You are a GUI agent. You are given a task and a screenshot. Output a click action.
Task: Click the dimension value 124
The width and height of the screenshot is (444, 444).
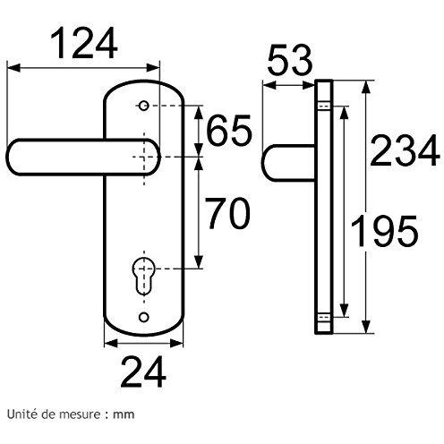point(84,43)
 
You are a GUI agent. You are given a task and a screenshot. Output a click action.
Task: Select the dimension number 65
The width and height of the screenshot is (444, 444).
point(229,131)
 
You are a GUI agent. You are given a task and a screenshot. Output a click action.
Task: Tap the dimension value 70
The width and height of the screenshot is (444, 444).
point(228,213)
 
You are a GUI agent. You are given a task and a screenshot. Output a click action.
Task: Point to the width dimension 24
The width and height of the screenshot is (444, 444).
point(143,371)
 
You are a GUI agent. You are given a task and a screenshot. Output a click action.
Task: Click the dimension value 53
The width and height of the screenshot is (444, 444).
point(290,60)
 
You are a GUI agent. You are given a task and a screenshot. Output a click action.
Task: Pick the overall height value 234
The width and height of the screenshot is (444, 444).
point(405,150)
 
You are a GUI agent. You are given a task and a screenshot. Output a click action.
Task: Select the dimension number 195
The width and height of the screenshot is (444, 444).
point(384,231)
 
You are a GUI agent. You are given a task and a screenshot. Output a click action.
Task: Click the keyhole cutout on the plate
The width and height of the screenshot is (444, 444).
point(143,274)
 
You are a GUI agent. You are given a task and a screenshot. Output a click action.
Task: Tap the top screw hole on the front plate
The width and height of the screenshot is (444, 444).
point(143,106)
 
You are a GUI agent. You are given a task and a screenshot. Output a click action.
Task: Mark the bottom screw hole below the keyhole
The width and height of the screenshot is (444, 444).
point(144,317)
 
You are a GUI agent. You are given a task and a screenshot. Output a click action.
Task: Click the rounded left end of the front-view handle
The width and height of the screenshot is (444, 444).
point(12,157)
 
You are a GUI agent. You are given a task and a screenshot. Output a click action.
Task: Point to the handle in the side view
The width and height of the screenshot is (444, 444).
point(288,163)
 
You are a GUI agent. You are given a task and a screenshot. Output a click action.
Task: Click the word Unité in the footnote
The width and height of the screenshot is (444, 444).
point(21,414)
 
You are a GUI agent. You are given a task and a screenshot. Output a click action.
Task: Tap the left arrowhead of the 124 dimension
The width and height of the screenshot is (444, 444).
point(13,68)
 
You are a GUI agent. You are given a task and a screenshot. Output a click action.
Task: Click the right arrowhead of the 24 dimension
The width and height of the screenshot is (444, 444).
point(176,344)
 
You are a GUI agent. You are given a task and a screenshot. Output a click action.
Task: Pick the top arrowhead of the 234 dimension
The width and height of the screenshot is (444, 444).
point(366,88)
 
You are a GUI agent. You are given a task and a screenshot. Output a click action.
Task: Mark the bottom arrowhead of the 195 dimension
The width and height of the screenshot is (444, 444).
point(345,311)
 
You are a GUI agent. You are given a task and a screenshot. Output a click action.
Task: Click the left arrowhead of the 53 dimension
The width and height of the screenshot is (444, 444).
point(269,86)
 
